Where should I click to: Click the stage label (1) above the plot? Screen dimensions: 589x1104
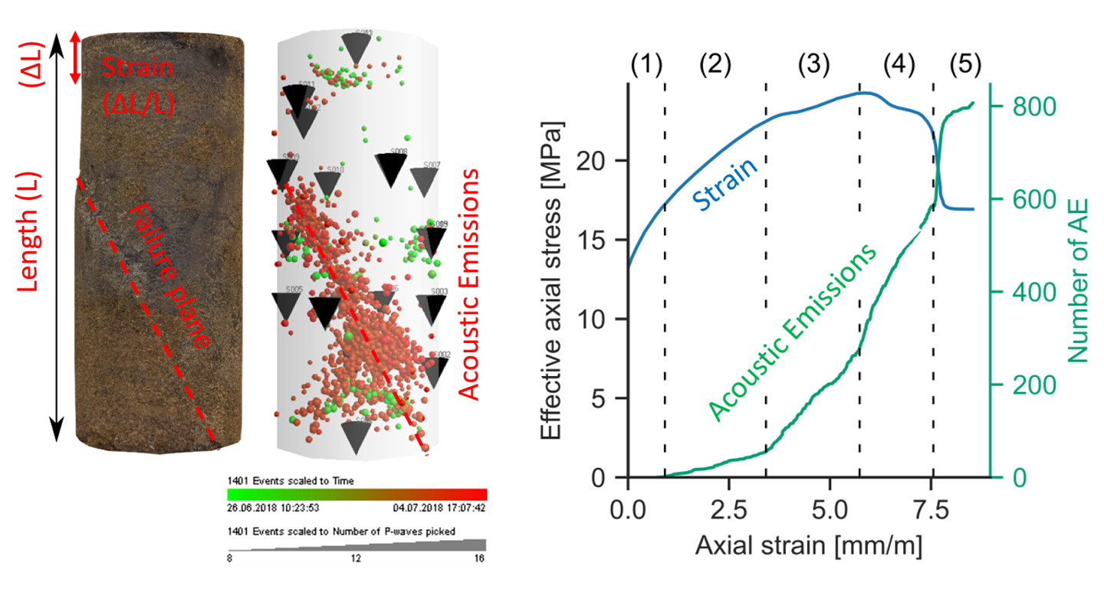click(646, 65)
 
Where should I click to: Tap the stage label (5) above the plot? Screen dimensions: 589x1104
click(964, 65)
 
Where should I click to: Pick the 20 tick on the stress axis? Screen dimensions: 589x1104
click(606, 161)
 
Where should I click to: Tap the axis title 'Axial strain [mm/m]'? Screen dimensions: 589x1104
click(808, 545)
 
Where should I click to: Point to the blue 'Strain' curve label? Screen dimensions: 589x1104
click(724, 183)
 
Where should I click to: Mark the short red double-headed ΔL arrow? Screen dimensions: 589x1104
click(75, 58)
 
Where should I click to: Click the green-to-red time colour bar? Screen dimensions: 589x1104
click(356, 494)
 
